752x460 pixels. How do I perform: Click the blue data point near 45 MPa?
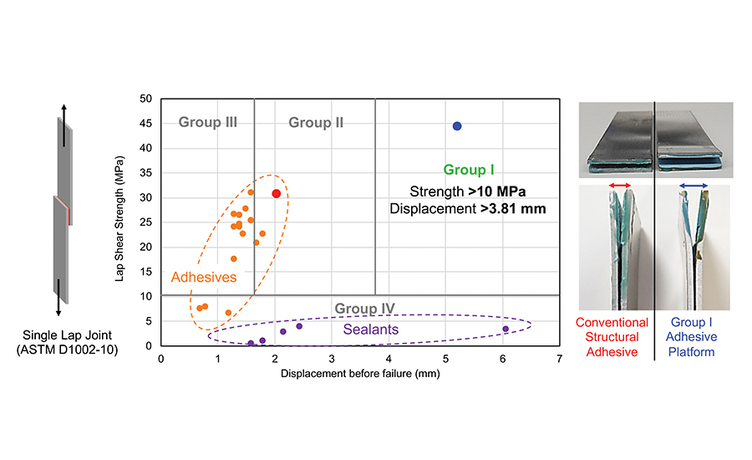click(457, 126)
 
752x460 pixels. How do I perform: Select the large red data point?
click(277, 194)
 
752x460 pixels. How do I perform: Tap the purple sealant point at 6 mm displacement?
click(506, 329)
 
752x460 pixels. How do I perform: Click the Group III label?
click(208, 122)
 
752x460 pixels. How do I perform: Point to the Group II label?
click(316, 123)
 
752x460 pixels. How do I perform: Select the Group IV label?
click(365, 309)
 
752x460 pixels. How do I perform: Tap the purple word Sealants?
click(371, 330)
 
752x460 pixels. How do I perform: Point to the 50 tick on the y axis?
click(145, 99)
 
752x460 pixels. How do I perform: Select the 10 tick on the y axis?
click(145, 296)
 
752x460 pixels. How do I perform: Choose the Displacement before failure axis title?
click(360, 374)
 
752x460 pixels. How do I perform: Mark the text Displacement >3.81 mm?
click(467, 208)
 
